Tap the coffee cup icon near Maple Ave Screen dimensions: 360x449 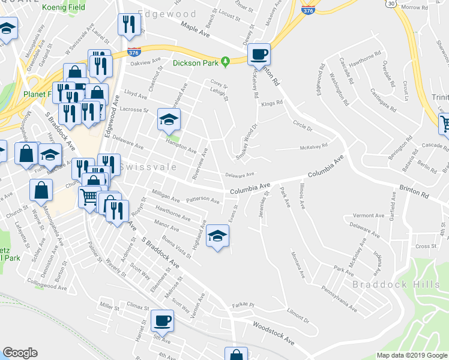(x=259, y=55)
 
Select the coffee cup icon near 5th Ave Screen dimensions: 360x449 (x=161, y=320)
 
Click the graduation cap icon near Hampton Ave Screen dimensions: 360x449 (x=169, y=119)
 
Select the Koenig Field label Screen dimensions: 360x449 (x=64, y=8)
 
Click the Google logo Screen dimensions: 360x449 (x=20, y=353)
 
